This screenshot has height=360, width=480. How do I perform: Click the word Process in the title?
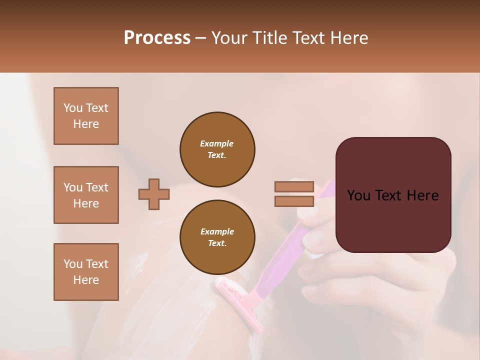pyautogui.click(x=157, y=38)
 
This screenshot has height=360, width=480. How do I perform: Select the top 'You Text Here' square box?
pyautogui.click(x=86, y=116)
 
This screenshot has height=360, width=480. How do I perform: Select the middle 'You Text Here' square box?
pyautogui.click(x=86, y=195)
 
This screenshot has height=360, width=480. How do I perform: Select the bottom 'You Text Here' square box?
pyautogui.click(x=86, y=272)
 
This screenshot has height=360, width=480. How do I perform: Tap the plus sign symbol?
pyautogui.click(x=154, y=194)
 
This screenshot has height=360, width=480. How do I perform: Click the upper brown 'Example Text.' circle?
pyautogui.click(x=217, y=149)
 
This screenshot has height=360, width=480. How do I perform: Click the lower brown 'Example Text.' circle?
pyautogui.click(x=217, y=237)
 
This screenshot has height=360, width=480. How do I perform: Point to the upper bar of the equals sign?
pyautogui.click(x=294, y=187)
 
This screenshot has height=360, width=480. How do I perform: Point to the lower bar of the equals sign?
pyautogui.click(x=294, y=201)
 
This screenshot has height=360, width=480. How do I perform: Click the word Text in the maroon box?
pyautogui.click(x=393, y=195)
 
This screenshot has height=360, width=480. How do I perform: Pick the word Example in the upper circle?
pyautogui.click(x=217, y=143)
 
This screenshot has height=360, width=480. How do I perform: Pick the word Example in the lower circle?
pyautogui.click(x=217, y=231)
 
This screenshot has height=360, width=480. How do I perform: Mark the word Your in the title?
pyautogui.click(x=229, y=38)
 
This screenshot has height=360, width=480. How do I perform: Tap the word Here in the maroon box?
pyautogui.click(x=422, y=195)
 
